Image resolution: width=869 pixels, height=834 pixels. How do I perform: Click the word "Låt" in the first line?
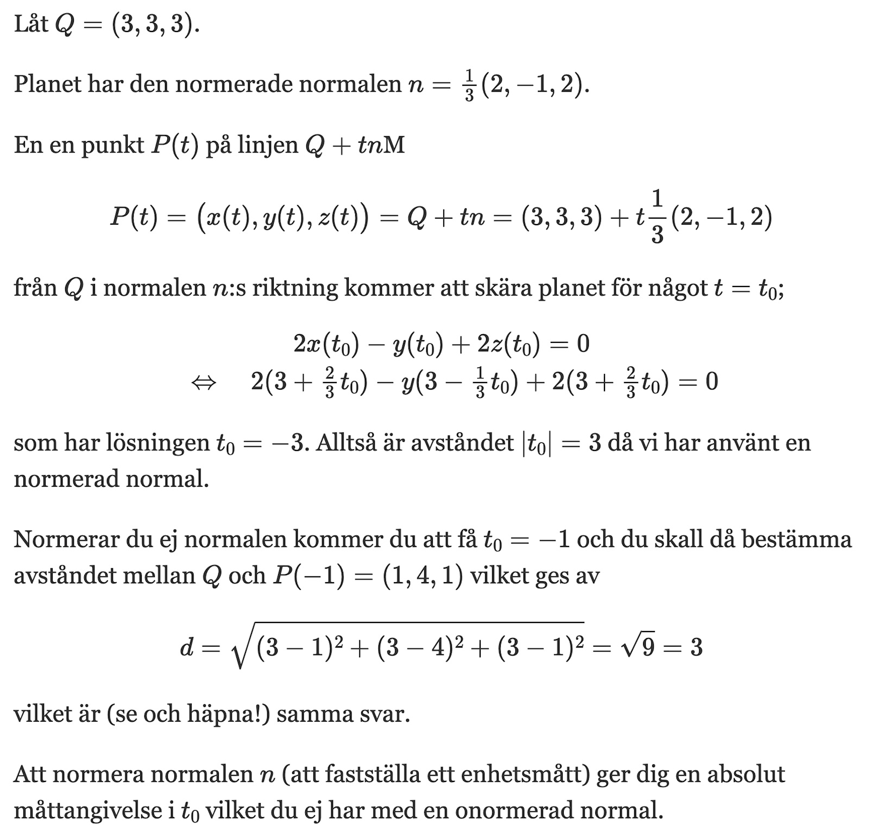(31, 24)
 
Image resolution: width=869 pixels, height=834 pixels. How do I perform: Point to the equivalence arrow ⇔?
(204, 383)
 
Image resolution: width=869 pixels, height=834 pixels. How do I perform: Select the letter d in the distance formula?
(186, 647)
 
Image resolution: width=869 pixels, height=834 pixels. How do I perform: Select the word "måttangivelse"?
(92, 811)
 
